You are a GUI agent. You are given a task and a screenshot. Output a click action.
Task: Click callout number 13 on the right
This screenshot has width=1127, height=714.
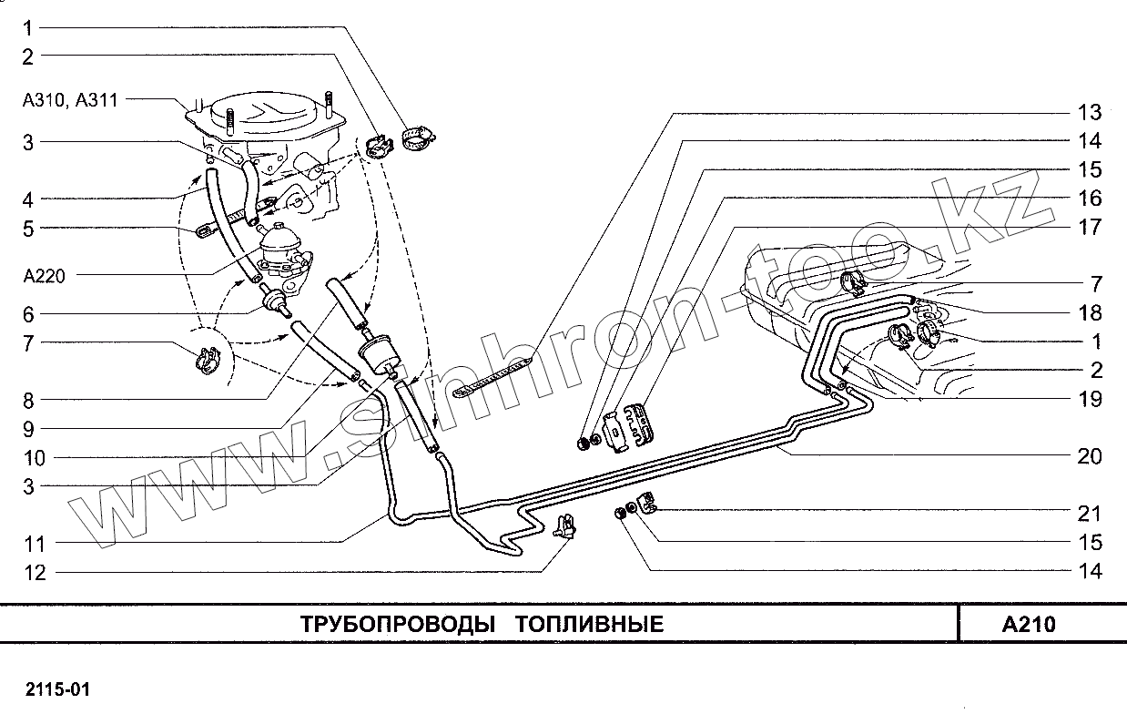pos(1089,113)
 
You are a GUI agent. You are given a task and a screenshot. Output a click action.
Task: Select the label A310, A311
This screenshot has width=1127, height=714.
pos(70,100)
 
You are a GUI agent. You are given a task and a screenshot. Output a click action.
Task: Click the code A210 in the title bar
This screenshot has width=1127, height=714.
pos(1028,625)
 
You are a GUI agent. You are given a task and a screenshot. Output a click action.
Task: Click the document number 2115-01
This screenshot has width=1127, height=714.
pos(58,688)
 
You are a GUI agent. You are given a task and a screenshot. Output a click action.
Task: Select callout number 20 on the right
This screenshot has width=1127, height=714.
pos(1089,456)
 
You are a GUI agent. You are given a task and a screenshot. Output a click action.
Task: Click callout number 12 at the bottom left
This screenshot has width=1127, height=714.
pos(35,572)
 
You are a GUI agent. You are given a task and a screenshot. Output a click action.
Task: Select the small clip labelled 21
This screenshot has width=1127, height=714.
pos(648,502)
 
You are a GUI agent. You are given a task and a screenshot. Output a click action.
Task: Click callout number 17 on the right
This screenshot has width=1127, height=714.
pos(1089,227)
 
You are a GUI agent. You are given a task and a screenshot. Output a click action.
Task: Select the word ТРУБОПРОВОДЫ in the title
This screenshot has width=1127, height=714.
pos(399,625)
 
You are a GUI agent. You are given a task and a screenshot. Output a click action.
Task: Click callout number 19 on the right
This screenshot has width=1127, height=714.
pos(1089,399)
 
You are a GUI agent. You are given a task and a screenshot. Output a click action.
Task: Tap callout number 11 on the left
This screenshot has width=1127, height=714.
pos(35,544)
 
